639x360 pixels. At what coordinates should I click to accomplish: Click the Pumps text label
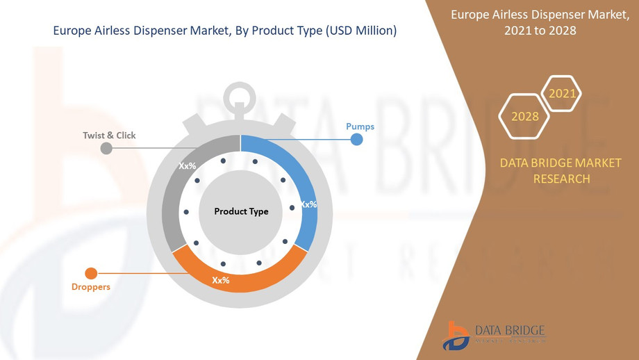coord(360,126)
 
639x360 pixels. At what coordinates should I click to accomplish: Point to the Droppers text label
coord(90,286)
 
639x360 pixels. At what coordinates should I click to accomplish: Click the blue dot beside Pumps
coord(356,140)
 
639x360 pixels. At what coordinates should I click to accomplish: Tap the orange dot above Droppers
coord(90,273)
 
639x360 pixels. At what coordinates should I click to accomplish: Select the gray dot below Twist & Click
coord(106,148)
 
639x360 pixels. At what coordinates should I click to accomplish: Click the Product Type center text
coord(241,211)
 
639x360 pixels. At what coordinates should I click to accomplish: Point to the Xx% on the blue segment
coord(308,204)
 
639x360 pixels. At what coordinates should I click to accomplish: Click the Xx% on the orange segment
coord(221,280)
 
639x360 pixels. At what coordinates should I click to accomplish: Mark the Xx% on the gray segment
coord(188,167)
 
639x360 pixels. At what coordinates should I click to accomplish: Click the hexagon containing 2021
coord(561,93)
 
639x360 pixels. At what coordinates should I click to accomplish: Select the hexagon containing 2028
coord(525,116)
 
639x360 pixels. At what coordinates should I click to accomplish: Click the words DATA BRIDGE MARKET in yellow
coord(561,163)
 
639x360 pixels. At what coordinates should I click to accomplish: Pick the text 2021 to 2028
coord(545,30)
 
